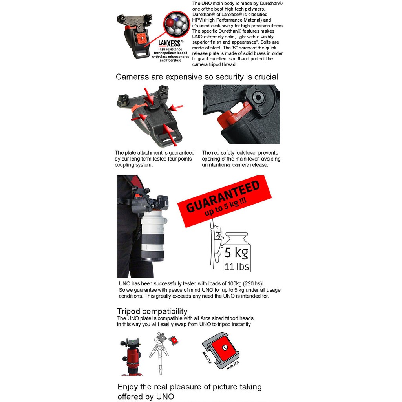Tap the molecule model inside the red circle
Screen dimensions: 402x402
click(x=176, y=23)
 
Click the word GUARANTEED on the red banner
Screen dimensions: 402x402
click(x=223, y=197)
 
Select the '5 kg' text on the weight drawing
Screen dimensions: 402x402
click(x=236, y=253)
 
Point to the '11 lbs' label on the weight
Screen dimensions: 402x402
click(x=236, y=267)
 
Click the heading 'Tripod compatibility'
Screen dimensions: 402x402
click(x=152, y=311)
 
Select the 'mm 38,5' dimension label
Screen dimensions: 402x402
click(x=207, y=357)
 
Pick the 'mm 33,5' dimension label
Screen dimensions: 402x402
click(x=233, y=365)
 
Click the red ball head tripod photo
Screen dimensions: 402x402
click(x=131, y=357)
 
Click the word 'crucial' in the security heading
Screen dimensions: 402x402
click(x=266, y=77)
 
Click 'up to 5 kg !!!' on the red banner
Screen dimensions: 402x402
click(x=226, y=206)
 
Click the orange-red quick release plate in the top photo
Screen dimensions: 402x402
click(x=140, y=39)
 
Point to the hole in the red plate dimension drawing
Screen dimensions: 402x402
click(x=225, y=347)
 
